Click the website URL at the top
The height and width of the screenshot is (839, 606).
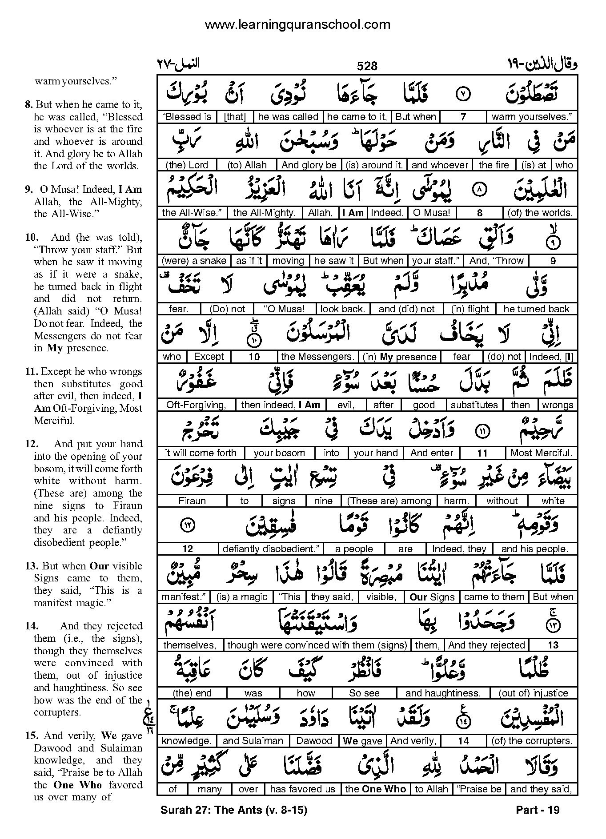tap(297, 25)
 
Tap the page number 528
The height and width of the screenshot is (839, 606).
tap(367, 66)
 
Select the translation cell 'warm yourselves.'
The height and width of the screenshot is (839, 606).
tap(531, 117)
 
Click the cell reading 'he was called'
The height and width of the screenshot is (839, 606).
tap(288, 117)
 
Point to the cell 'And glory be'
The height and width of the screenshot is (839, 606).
tap(309, 165)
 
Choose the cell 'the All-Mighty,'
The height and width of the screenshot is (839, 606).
tap(265, 213)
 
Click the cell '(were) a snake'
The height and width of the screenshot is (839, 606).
tap(194, 261)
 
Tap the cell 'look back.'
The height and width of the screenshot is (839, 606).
tap(342, 309)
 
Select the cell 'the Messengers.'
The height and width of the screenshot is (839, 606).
tap(318, 357)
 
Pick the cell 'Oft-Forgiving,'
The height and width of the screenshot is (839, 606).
tap(196, 405)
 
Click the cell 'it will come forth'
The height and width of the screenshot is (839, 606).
tap(201, 453)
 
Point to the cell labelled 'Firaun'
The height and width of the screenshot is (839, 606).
tap(192, 501)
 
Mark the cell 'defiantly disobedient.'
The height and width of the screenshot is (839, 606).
tap(271, 549)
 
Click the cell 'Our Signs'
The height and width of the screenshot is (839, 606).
tap(432, 597)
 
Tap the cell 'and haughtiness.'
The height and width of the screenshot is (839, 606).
tap(443, 693)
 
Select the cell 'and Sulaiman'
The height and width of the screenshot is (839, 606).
tap(253, 741)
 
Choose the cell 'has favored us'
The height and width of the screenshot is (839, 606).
tap(303, 789)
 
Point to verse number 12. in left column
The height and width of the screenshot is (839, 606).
tap(30, 444)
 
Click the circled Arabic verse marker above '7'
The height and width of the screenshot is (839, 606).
tap(463, 94)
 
